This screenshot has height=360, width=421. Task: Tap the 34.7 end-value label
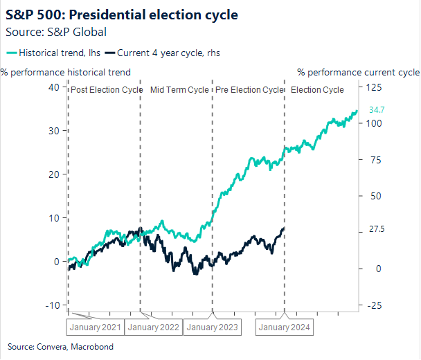pos(377,110)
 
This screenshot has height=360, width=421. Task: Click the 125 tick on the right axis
pos(374,87)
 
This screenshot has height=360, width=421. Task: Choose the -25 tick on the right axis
pos(374,305)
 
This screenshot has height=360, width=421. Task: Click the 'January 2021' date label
pos(95,327)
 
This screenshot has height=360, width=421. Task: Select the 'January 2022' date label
pos(154,327)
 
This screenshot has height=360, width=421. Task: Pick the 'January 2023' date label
pos(213,327)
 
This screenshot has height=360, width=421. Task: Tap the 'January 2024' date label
pos(285,327)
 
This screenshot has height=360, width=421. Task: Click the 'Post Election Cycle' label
pos(103,90)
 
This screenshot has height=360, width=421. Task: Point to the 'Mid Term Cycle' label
pos(179,90)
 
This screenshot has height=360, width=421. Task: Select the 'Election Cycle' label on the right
pos(317,90)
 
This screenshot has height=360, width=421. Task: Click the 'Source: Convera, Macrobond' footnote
pos(61,346)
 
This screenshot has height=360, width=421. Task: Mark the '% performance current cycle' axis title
pos(358,72)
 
